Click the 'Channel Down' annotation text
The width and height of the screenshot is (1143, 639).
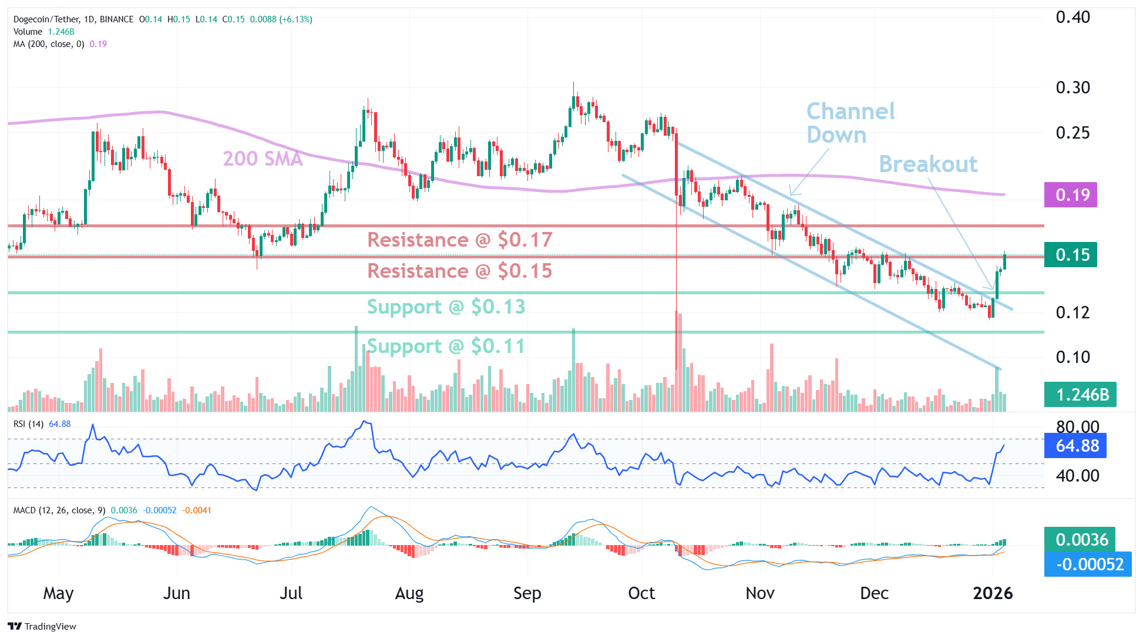click(x=850, y=123)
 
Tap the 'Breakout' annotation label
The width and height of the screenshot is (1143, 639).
click(x=928, y=164)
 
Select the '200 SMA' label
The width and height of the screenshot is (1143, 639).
click(x=263, y=159)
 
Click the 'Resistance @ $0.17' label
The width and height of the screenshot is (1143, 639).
click(x=459, y=240)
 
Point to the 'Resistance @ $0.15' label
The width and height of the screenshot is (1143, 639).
click(x=459, y=271)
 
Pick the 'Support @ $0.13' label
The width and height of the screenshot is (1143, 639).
click(x=446, y=307)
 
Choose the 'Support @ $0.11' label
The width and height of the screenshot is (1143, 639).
click(x=446, y=346)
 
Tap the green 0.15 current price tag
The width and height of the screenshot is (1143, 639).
click(x=1070, y=255)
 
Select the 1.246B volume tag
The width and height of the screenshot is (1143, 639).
click(x=1080, y=395)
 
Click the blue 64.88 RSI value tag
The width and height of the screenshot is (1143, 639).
click(x=1075, y=446)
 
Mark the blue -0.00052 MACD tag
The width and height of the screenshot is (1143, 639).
click(x=1088, y=564)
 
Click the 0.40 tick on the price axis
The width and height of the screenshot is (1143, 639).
click(x=1073, y=18)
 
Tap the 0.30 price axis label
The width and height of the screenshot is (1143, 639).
click(x=1073, y=88)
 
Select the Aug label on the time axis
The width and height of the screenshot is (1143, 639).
click(x=409, y=593)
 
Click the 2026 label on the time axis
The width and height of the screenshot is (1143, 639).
click(x=993, y=593)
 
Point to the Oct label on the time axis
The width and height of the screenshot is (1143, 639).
click(x=641, y=593)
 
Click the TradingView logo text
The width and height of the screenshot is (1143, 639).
click(x=43, y=626)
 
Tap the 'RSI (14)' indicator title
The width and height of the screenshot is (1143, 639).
click(x=28, y=424)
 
